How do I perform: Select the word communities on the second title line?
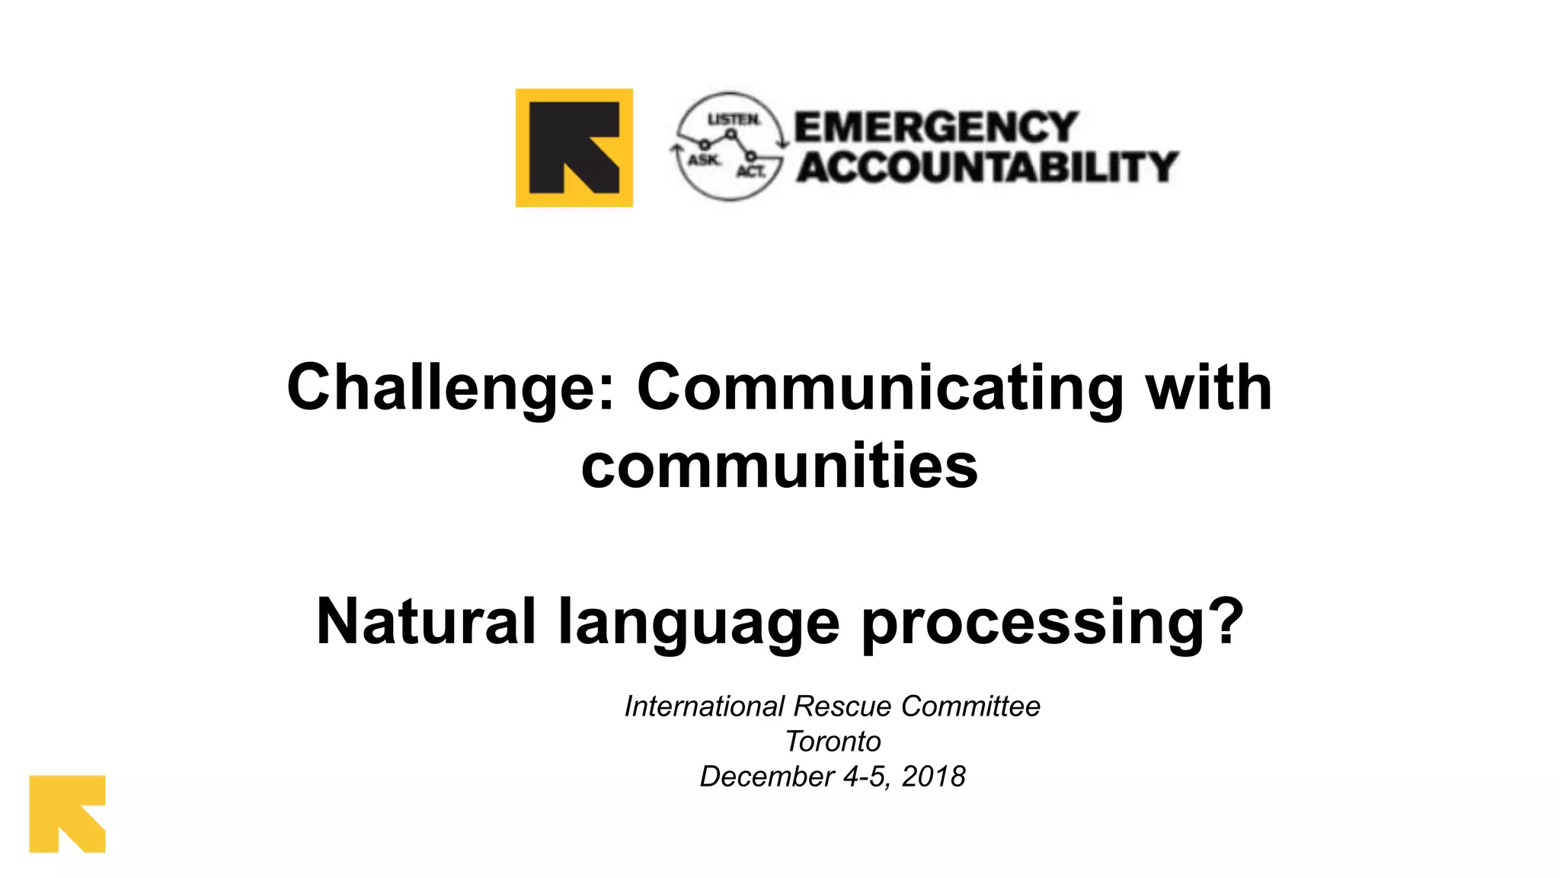(x=779, y=466)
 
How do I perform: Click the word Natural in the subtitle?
(x=426, y=621)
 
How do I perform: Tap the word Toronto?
(x=833, y=741)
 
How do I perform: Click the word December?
(x=766, y=776)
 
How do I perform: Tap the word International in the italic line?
(x=704, y=706)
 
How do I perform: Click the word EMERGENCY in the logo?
(x=936, y=127)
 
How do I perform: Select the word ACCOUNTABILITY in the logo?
(x=987, y=167)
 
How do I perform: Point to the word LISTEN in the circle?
(x=734, y=120)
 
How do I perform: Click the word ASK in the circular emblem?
(x=703, y=159)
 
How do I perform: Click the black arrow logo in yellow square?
(x=574, y=148)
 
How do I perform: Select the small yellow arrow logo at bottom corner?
(x=67, y=813)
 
